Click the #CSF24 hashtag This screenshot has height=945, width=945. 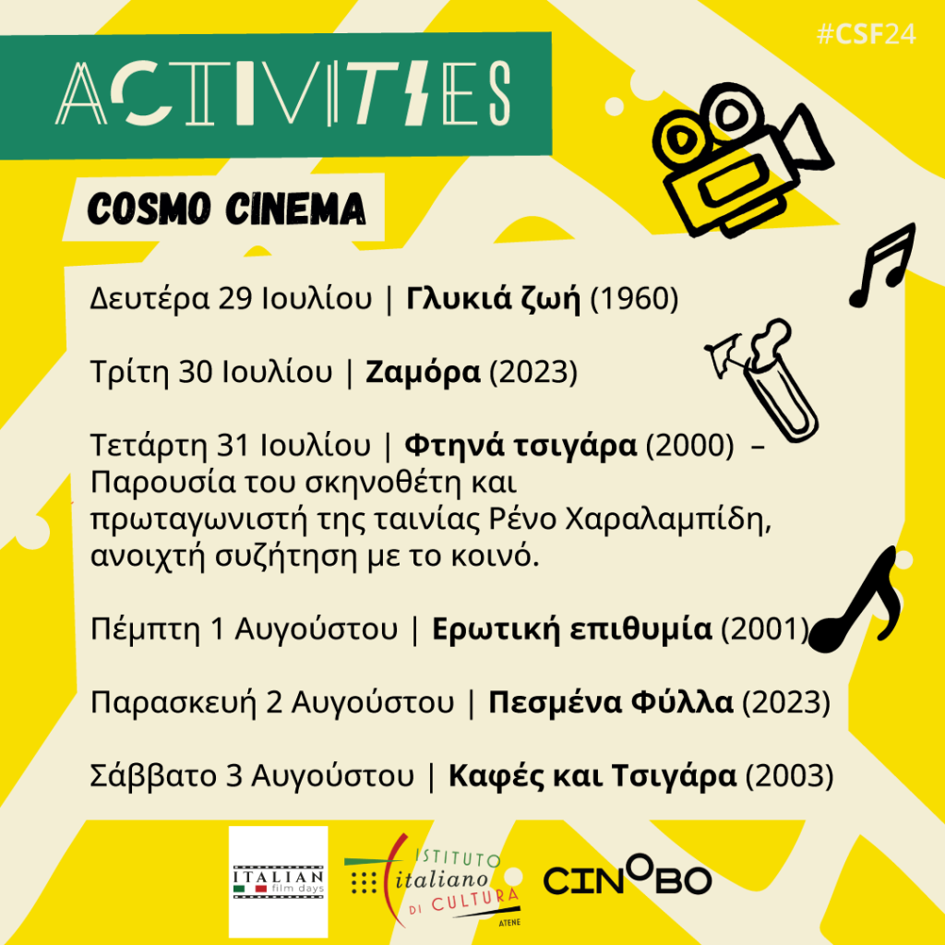point(866,34)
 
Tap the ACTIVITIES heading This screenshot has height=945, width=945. point(283,93)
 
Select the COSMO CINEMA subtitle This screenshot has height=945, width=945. point(227,209)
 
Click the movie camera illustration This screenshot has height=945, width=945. point(742,159)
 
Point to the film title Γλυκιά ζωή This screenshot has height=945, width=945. point(494,298)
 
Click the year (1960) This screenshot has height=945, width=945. point(634,299)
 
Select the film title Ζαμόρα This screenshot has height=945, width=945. point(423,372)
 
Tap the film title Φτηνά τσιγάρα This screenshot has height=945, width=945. point(520,446)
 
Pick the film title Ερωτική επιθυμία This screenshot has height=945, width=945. point(572,628)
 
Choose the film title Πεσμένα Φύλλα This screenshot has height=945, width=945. point(611,702)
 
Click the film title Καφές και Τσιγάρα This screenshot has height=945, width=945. point(592,775)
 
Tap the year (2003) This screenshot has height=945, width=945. point(790,775)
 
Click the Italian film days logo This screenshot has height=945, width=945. point(279,881)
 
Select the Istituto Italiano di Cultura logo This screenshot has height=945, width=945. point(433,880)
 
